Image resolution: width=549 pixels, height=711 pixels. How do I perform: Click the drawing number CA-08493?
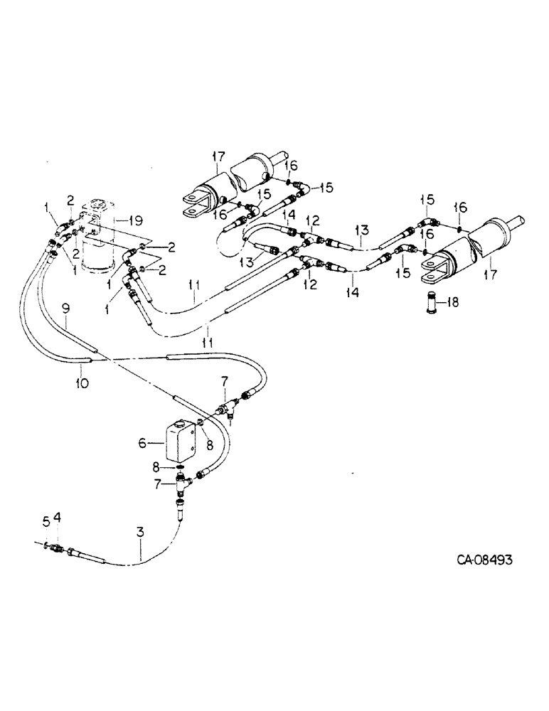[485, 560]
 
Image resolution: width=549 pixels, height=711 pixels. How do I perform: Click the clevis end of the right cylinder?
[435, 268]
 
